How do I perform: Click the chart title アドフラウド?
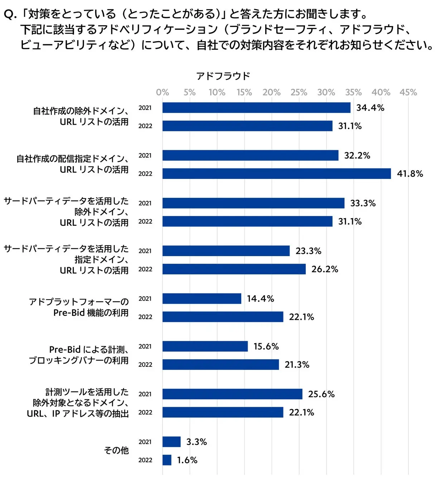click(x=223, y=76)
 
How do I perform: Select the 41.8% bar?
click(x=276, y=174)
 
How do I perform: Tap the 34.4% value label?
click(x=370, y=108)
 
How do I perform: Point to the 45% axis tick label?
click(x=408, y=92)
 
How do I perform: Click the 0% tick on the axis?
click(x=163, y=92)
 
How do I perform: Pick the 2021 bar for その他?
click(x=171, y=442)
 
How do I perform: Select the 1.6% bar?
click(x=167, y=460)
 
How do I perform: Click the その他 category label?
click(x=116, y=450)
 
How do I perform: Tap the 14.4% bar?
click(x=202, y=298)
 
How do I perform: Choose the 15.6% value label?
click(x=266, y=346)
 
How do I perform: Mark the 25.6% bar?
click(x=232, y=394)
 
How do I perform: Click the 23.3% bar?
click(x=226, y=251)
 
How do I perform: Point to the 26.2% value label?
click(x=325, y=269)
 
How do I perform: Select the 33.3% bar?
click(x=253, y=203)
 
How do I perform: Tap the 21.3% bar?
click(x=220, y=365)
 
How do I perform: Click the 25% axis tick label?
click(x=299, y=92)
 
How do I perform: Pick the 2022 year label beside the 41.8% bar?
click(x=145, y=174)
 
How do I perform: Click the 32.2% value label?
click(x=357, y=155)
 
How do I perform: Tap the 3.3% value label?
click(x=197, y=442)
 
